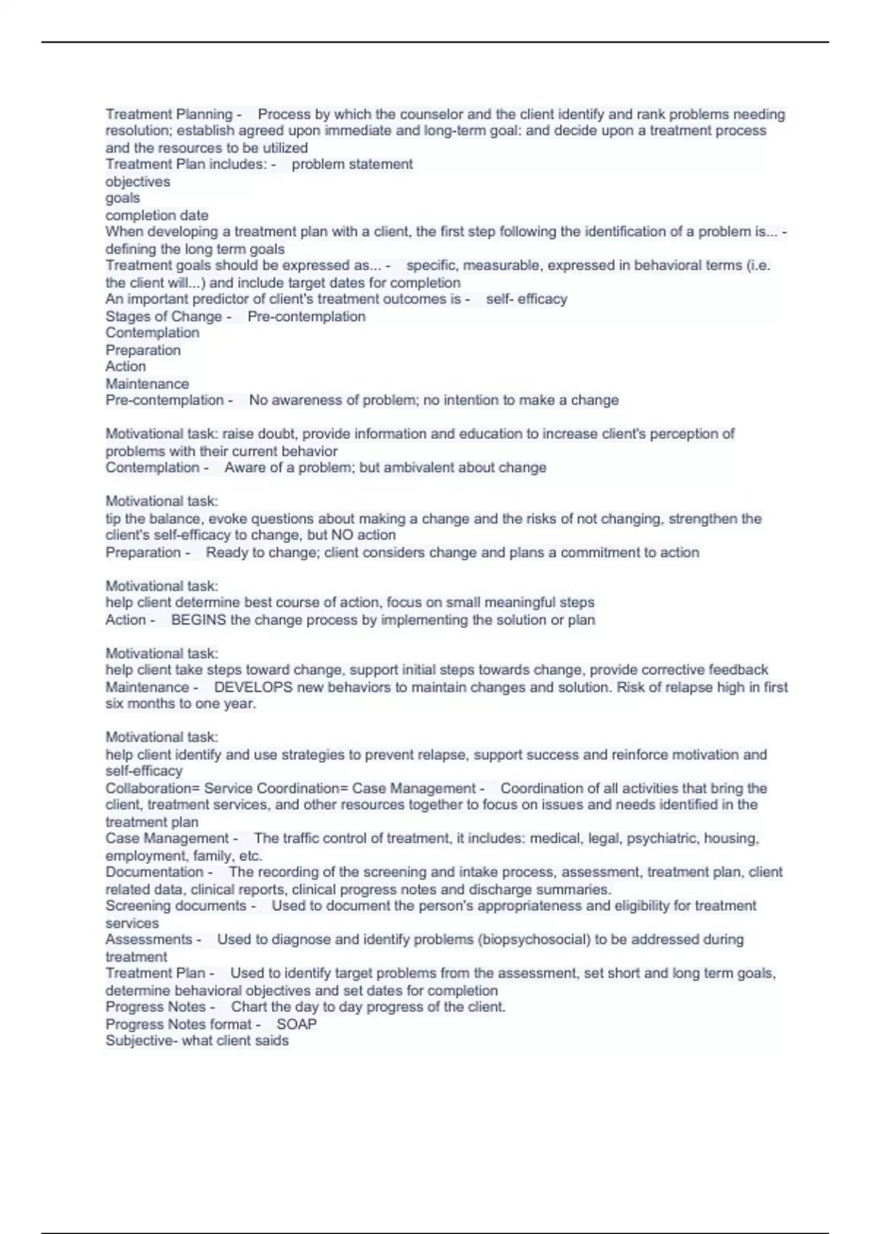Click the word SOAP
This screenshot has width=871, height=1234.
point(296,1023)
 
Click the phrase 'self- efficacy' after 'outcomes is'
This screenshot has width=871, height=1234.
point(526,299)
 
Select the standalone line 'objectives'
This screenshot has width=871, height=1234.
point(138,181)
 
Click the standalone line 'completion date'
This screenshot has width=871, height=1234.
point(157,215)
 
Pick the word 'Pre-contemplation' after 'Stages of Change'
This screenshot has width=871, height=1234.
point(306,316)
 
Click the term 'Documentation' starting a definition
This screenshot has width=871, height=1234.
point(154,872)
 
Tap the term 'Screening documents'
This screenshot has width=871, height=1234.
point(176,906)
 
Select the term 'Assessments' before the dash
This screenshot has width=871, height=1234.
point(148,939)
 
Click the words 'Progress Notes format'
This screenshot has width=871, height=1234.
point(178,1023)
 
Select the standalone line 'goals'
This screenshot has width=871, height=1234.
point(123,198)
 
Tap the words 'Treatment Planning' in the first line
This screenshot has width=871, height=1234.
point(168,114)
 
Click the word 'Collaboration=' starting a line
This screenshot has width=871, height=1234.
point(152,788)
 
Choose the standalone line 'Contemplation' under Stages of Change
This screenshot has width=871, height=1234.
point(152,333)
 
